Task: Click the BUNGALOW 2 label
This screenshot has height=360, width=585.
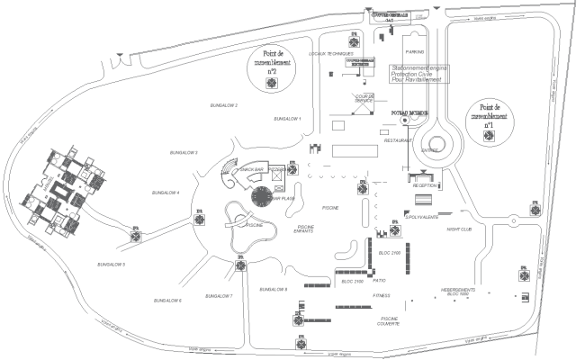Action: (x=223, y=105)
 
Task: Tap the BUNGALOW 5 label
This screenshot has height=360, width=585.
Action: (x=112, y=264)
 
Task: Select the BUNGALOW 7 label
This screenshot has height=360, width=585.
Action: (x=219, y=295)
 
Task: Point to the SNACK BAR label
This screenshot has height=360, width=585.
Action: (x=251, y=168)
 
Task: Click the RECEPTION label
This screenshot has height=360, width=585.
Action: (x=426, y=185)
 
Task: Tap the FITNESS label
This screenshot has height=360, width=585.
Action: (x=382, y=294)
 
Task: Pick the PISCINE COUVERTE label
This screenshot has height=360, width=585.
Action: (x=390, y=321)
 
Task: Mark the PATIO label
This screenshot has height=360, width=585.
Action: (x=380, y=280)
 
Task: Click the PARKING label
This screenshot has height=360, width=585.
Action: (x=414, y=52)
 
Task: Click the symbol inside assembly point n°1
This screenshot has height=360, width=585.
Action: (x=489, y=135)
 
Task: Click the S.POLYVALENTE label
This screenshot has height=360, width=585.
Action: (x=422, y=217)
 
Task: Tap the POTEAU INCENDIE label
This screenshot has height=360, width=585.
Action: (x=409, y=112)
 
